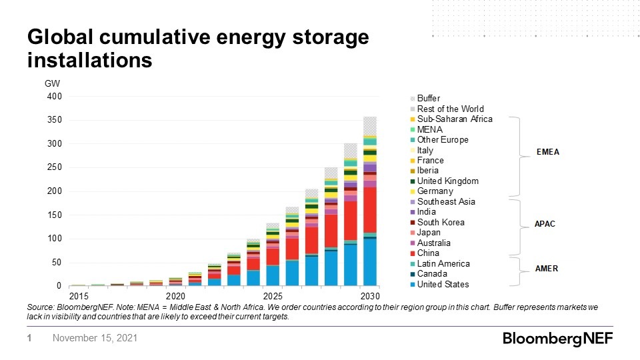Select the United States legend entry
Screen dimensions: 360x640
tap(443, 285)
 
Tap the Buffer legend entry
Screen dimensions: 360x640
tap(428, 99)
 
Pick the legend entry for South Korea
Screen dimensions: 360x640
tap(441, 223)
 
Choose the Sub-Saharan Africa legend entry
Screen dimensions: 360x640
tap(454, 119)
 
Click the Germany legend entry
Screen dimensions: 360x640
tap(435, 191)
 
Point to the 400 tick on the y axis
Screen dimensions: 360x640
tap(55, 97)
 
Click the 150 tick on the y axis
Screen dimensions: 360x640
tap(55, 215)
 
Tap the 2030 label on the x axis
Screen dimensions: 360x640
tap(370, 296)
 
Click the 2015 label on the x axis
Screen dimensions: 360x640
tap(78, 296)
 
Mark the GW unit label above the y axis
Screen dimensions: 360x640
tap(51, 84)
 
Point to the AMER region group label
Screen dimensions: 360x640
tap(547, 269)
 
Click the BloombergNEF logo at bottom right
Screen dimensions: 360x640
tap(557, 339)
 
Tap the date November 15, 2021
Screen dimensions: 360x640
tap(95, 339)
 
